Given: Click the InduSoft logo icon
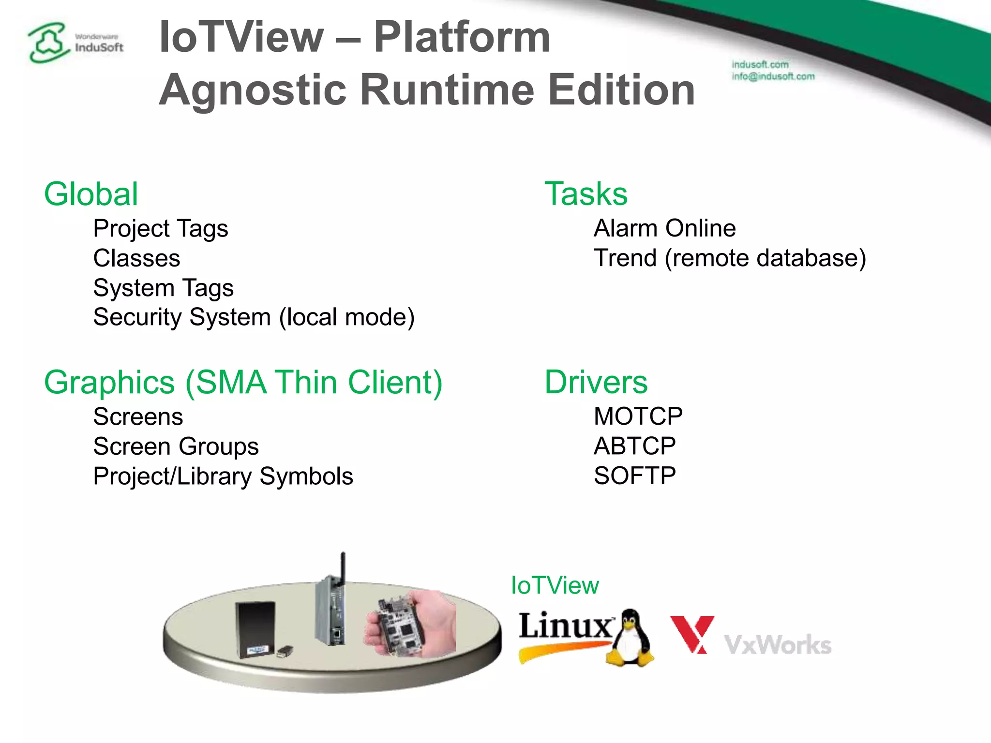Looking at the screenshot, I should pyautogui.click(x=47, y=43).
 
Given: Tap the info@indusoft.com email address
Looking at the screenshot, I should pyautogui.click(x=773, y=76).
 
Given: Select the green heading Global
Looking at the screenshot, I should pyautogui.click(x=91, y=194).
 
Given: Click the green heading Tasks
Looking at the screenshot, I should pyautogui.click(x=586, y=193).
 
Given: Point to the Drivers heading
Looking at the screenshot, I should pyautogui.click(x=596, y=382).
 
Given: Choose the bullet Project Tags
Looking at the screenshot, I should pyautogui.click(x=161, y=228).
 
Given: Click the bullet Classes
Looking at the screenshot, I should pyautogui.click(x=136, y=258).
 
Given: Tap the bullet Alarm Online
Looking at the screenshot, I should pyautogui.click(x=664, y=228).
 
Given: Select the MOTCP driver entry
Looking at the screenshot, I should pyautogui.click(x=638, y=416).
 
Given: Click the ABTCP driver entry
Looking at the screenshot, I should pyautogui.click(x=634, y=446).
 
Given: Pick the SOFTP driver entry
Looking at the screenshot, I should pyautogui.click(x=634, y=476).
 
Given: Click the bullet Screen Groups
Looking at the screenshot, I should pyautogui.click(x=176, y=446).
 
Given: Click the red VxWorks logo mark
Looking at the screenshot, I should pyautogui.click(x=692, y=634).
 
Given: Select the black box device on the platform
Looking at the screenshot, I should pyautogui.click(x=255, y=629).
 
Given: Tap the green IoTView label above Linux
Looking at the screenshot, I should pyautogui.click(x=555, y=585).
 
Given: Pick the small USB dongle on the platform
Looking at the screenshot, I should pyautogui.click(x=285, y=651).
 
